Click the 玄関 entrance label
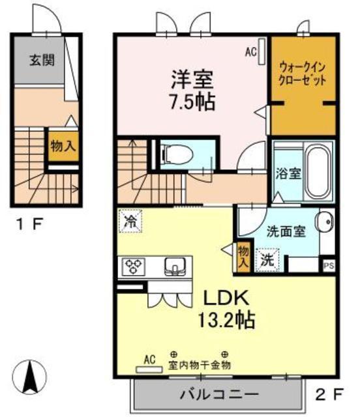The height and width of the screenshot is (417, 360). click(x=42, y=60)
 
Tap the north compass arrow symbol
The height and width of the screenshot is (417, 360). click(x=29, y=377)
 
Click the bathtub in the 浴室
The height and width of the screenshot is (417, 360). click(x=318, y=172)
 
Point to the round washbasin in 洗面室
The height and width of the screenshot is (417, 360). click(x=325, y=222)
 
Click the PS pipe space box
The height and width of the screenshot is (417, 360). click(x=328, y=266)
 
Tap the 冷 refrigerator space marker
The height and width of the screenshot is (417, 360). click(x=130, y=222)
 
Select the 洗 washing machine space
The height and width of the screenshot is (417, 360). click(x=267, y=260)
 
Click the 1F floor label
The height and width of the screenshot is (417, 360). click(x=29, y=225)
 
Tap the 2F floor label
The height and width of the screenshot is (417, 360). click(x=329, y=394)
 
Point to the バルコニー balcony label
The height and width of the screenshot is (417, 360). click(x=219, y=394)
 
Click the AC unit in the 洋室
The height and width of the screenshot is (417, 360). click(x=262, y=51)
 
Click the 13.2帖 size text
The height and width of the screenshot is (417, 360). click(x=226, y=320)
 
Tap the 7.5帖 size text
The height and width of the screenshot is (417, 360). click(x=193, y=102)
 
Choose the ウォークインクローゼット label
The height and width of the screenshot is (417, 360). click(x=302, y=74)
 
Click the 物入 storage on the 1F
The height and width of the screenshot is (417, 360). click(x=63, y=146)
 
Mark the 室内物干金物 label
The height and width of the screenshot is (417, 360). click(x=199, y=365)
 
